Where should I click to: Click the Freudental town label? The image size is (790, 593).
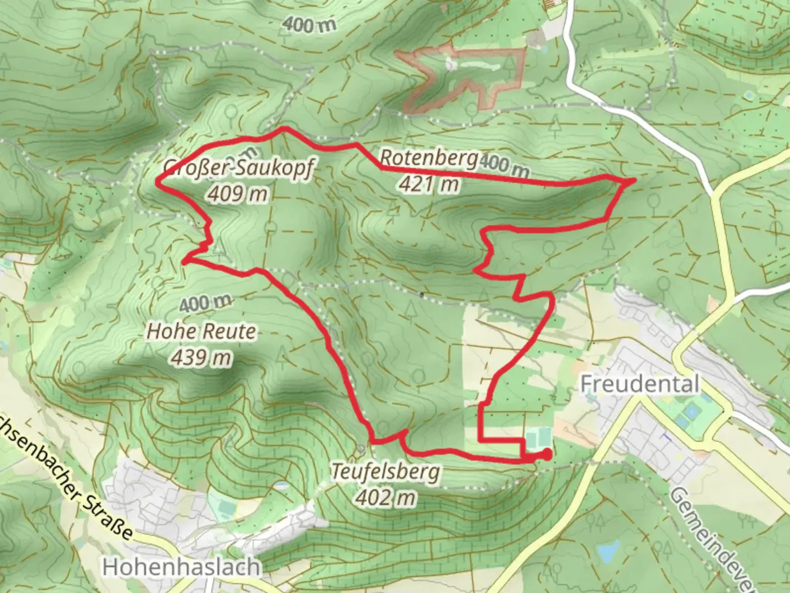point(640,384)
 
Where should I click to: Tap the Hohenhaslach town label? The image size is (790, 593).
point(182,567)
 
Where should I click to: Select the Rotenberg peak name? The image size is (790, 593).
point(428,159)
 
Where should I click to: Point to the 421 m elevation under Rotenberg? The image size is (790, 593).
point(429,184)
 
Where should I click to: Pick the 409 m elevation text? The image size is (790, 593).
point(238,194)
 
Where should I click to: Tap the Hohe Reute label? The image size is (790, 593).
point(201,332)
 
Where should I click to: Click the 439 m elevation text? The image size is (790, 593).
point(201,357)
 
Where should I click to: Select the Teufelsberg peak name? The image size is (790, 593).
point(386,472)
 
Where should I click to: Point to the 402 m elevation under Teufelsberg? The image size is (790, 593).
point(386,497)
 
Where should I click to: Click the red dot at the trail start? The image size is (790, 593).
point(546,454)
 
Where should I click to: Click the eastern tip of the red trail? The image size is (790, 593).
point(634,180)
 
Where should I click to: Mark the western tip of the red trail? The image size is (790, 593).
point(159,182)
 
